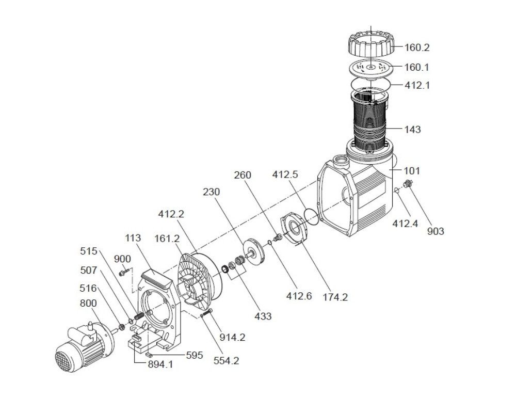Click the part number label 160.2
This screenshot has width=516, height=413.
tap(417, 48)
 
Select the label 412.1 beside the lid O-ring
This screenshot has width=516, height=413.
tap(417, 86)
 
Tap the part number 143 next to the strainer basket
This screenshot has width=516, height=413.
tap(413, 130)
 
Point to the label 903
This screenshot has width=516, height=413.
tap(436, 231)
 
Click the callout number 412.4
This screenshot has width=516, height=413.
tap(405, 224)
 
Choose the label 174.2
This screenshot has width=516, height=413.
tap(335, 297)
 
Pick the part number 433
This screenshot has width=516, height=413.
tap(263, 316)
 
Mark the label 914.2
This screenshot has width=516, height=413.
tap(233, 338)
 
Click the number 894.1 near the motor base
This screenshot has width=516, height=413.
tap(160, 364)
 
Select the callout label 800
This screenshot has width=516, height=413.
tap(89, 303)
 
